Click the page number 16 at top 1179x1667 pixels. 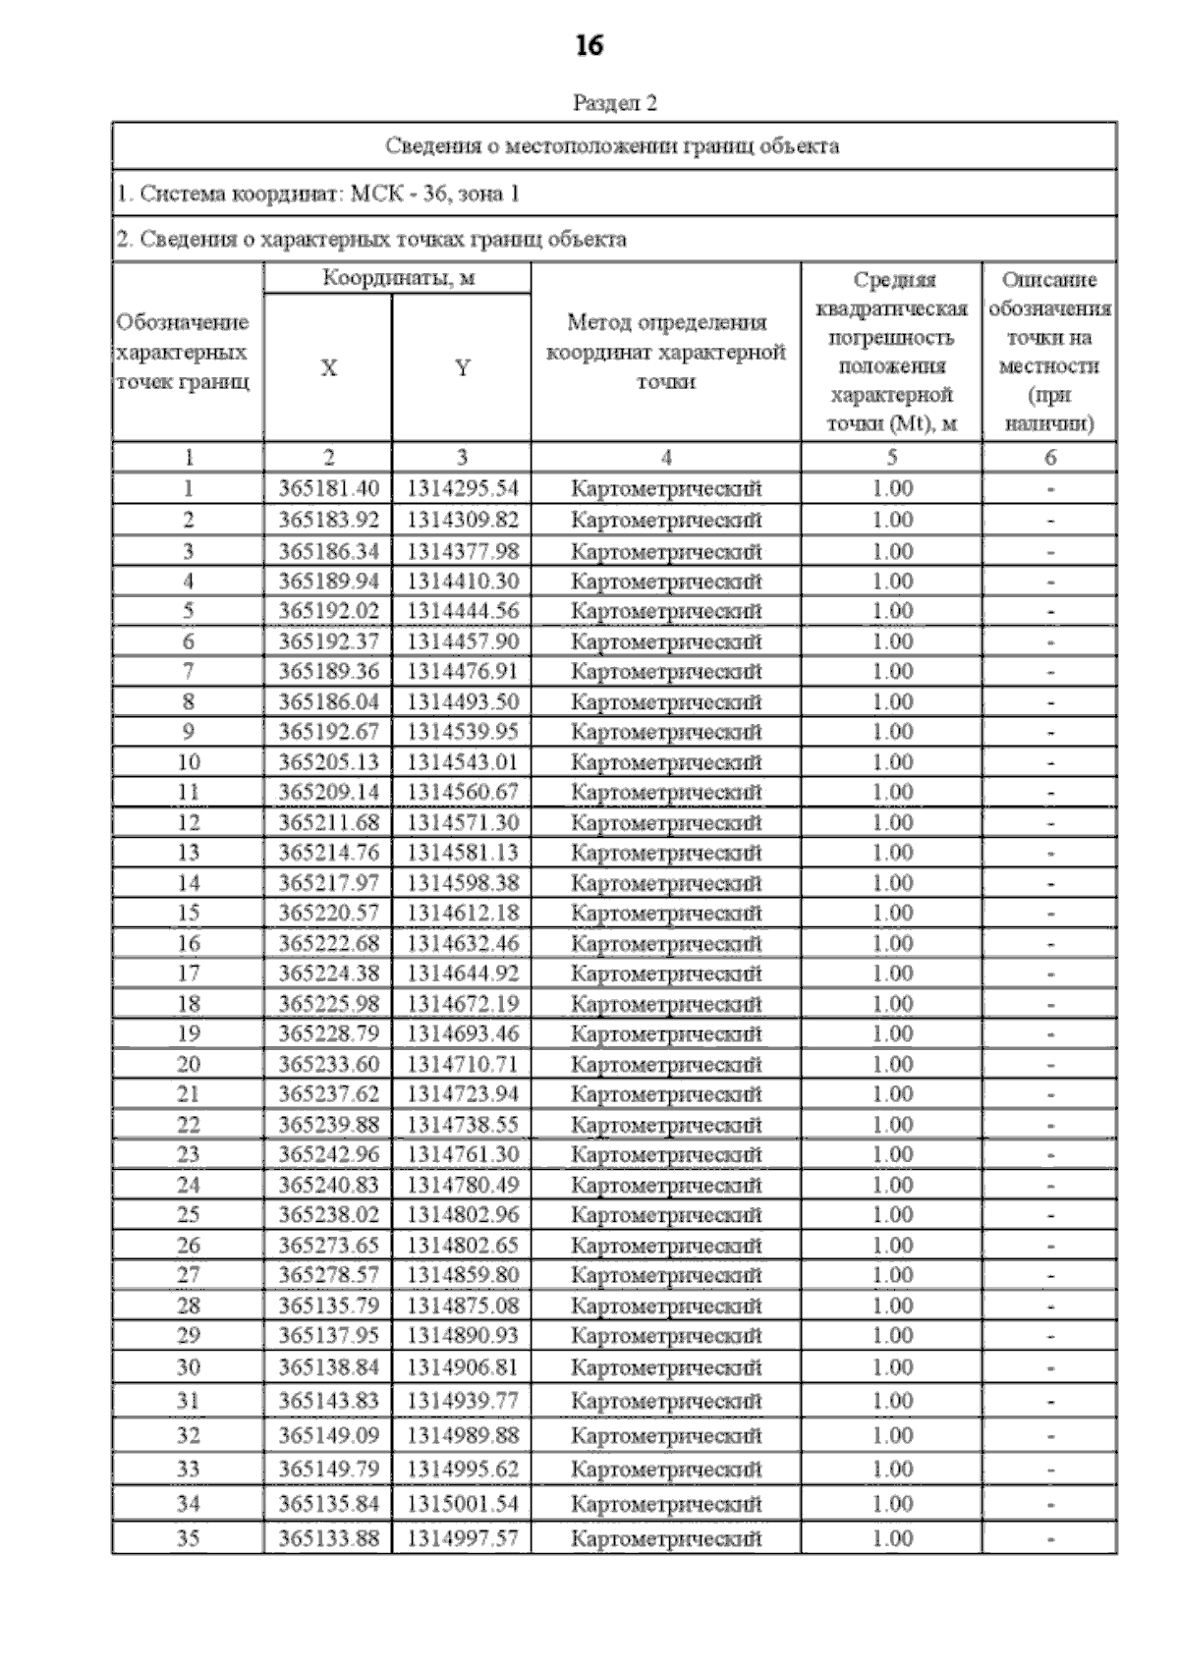coord(589,45)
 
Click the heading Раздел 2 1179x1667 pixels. coord(614,103)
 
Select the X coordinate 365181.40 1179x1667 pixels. coord(328,488)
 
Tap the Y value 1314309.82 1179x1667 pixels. coord(462,519)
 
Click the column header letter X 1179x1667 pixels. coord(328,368)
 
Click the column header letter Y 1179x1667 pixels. coord(462,368)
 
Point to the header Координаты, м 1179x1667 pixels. coord(398,278)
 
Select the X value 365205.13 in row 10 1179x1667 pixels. coord(328,761)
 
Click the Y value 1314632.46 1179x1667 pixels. coord(462,943)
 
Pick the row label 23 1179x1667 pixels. coord(188,1154)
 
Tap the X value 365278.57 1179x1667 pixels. coord(328,1275)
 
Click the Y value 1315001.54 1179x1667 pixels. coord(462,1503)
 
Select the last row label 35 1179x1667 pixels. coord(188,1538)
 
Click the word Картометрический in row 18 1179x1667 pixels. coord(666,1004)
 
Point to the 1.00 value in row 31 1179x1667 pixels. coord(892,1400)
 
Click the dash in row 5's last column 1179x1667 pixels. coord(1050,611)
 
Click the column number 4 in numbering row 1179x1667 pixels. coord(666,457)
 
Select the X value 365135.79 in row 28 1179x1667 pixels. coord(328,1306)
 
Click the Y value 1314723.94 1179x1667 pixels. coord(462,1094)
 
